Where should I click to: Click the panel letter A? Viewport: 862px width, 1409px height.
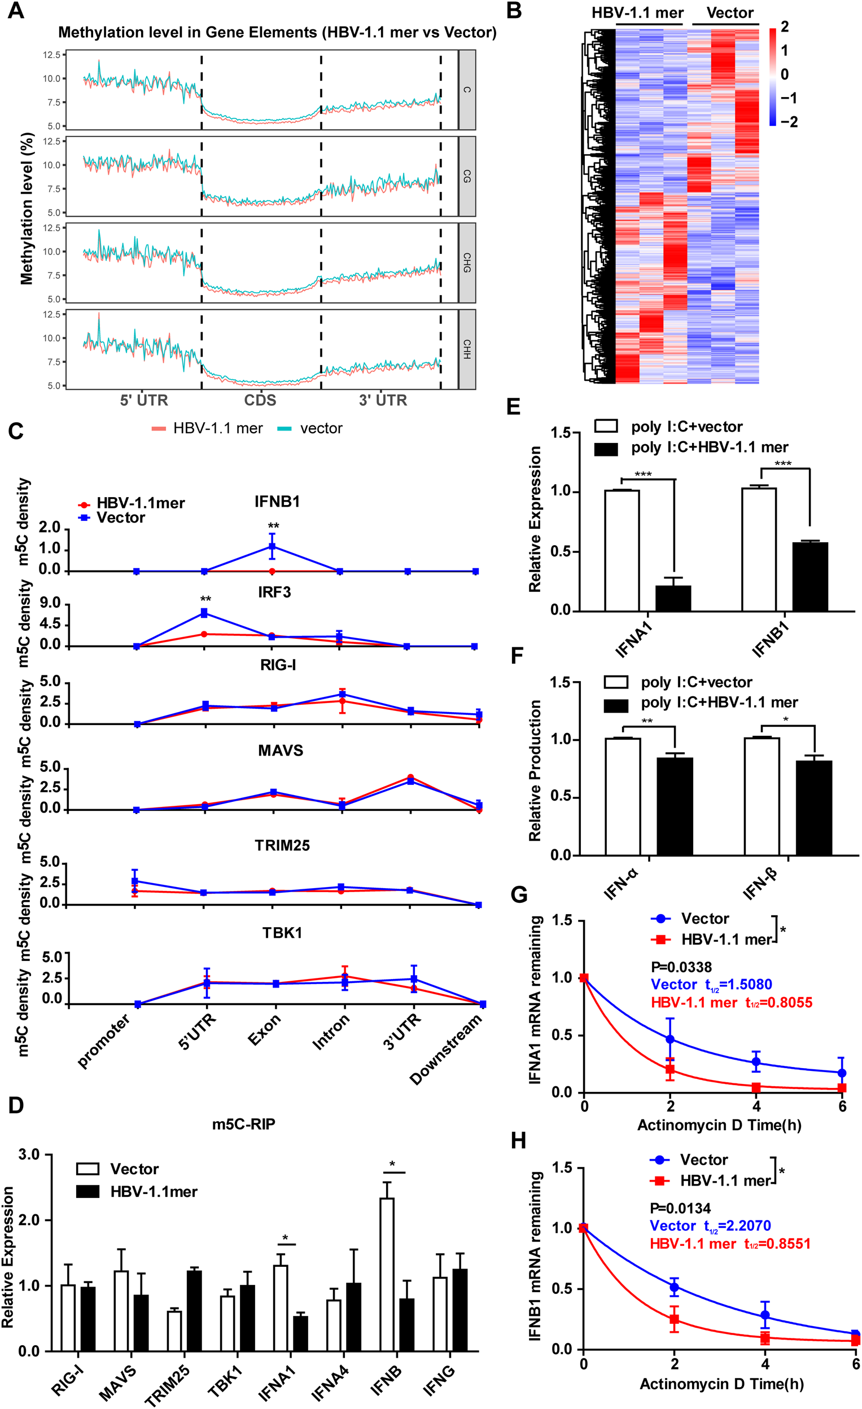pyautogui.click(x=15, y=11)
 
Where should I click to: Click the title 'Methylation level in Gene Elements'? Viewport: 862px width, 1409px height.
pyautogui.click(x=277, y=33)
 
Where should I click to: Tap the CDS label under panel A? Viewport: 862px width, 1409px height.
pyautogui.click(x=260, y=400)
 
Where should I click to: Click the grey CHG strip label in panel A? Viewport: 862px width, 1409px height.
pyautogui.click(x=467, y=262)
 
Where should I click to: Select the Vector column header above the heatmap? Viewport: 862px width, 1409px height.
pyautogui.click(x=730, y=12)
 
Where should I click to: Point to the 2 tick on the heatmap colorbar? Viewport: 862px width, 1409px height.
pyautogui.click(x=785, y=27)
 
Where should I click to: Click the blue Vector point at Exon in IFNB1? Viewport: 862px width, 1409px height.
pyautogui.click(x=272, y=547)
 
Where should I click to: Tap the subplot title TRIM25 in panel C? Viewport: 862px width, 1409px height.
pyautogui.click(x=282, y=845)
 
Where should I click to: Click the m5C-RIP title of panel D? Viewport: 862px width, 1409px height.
pyautogui.click(x=244, y=1124)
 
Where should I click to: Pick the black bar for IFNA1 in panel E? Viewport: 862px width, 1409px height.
pyautogui.click(x=673, y=598)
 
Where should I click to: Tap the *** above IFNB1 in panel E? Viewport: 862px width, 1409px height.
pyautogui.click(x=782, y=464)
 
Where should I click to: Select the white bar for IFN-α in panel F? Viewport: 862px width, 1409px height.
pyautogui.click(x=623, y=797)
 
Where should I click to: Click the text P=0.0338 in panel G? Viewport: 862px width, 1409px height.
pyautogui.click(x=681, y=968)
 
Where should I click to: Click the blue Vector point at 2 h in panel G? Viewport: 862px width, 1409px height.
pyautogui.click(x=670, y=1039)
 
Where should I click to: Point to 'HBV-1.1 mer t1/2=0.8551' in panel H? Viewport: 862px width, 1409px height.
pyautogui.click(x=730, y=1243)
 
